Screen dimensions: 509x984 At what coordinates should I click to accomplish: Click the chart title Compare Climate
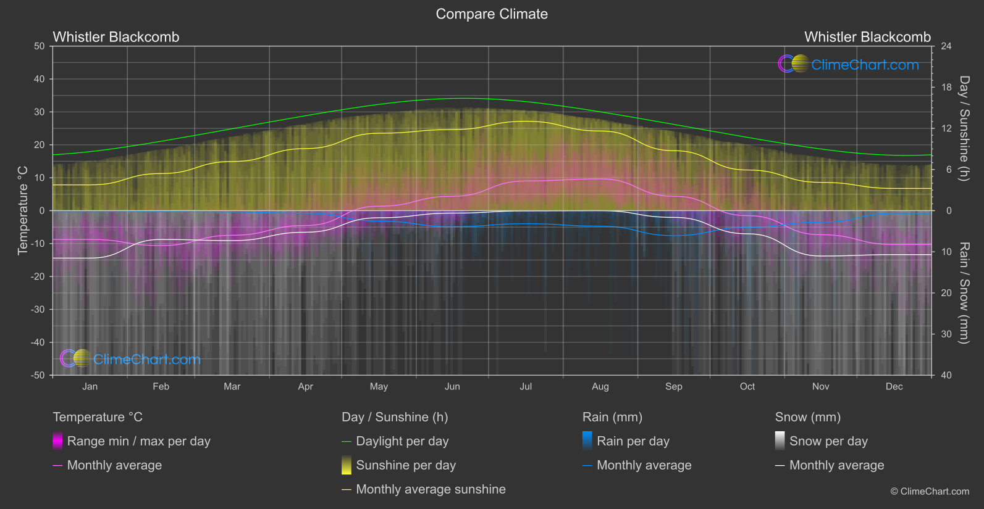click(x=492, y=14)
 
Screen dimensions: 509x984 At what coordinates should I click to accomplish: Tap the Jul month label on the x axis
click(x=526, y=387)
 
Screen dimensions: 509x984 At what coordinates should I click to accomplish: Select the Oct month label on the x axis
click(x=747, y=387)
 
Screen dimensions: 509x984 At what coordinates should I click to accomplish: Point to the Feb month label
click(x=161, y=387)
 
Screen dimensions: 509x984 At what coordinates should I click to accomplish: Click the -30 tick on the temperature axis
click(x=38, y=310)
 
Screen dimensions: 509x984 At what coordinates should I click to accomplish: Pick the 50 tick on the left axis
click(x=40, y=46)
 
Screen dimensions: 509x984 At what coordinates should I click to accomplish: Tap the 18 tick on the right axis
click(x=946, y=88)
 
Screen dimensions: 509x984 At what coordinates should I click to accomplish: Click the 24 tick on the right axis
click(x=946, y=46)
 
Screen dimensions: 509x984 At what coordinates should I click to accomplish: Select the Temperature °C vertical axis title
click(x=23, y=210)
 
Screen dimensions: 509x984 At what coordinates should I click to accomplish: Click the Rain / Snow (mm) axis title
click(x=964, y=293)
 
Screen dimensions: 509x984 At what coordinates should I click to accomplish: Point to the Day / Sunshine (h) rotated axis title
click(x=964, y=128)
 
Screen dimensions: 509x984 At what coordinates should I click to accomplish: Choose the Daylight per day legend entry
click(x=402, y=441)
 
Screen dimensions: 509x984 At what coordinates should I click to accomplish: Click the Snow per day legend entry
click(x=828, y=441)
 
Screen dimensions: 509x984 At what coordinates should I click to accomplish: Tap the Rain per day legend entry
click(x=633, y=441)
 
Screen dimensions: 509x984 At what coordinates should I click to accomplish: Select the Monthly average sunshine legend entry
click(x=431, y=489)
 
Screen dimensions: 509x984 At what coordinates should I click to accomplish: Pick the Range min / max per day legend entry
click(x=138, y=441)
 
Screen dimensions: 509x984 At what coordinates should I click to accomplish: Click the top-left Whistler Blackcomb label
click(x=116, y=37)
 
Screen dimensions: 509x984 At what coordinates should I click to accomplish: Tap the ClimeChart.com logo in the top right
click(x=848, y=64)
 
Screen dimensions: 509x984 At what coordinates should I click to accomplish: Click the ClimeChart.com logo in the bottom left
click(x=130, y=359)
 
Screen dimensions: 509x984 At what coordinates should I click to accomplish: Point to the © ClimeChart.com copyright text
click(x=930, y=492)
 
